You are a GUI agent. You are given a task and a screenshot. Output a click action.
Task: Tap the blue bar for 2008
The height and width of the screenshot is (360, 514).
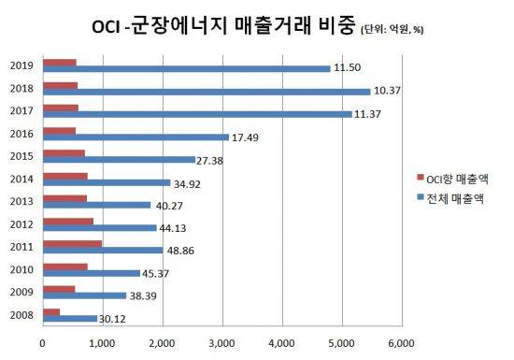[x=69, y=318]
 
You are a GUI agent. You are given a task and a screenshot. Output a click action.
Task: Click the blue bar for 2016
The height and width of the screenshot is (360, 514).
[x=136, y=137]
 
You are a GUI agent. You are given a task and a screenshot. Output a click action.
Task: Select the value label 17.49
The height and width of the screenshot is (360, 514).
[x=247, y=137]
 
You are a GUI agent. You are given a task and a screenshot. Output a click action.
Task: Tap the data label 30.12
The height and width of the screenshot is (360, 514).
[x=116, y=319]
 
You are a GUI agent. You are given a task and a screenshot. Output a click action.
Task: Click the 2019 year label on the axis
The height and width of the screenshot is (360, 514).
[x=22, y=65]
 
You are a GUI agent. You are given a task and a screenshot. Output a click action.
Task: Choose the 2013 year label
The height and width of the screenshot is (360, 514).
[x=22, y=200]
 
